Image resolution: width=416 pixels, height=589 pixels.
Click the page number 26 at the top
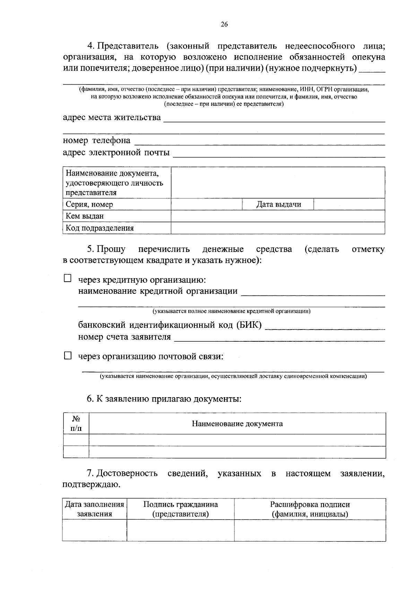click(224, 24)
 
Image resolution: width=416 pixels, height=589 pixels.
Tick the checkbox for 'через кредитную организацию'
click(68, 278)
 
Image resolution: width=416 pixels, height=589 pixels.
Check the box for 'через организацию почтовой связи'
click(68, 356)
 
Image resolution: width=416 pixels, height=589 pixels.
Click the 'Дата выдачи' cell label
click(278, 204)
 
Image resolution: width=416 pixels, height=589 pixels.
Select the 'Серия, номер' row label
click(89, 204)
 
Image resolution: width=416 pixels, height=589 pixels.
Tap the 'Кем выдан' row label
click(85, 216)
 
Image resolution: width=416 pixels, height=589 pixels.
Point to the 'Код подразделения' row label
click(100, 228)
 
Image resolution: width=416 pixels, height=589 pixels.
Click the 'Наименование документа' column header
click(237, 424)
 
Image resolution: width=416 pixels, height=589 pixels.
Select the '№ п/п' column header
click(76, 424)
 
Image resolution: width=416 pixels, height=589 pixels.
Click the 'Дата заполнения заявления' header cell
click(94, 509)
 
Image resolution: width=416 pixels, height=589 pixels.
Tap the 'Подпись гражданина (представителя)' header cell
click(180, 509)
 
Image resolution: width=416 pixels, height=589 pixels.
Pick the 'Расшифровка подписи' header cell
click(310, 509)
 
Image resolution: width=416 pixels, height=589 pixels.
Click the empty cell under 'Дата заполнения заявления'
click(94, 530)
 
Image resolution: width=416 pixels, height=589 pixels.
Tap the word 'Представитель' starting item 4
click(128, 46)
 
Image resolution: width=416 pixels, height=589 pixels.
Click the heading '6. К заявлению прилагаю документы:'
click(164, 399)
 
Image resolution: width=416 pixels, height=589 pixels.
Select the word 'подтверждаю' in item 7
click(91, 484)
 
